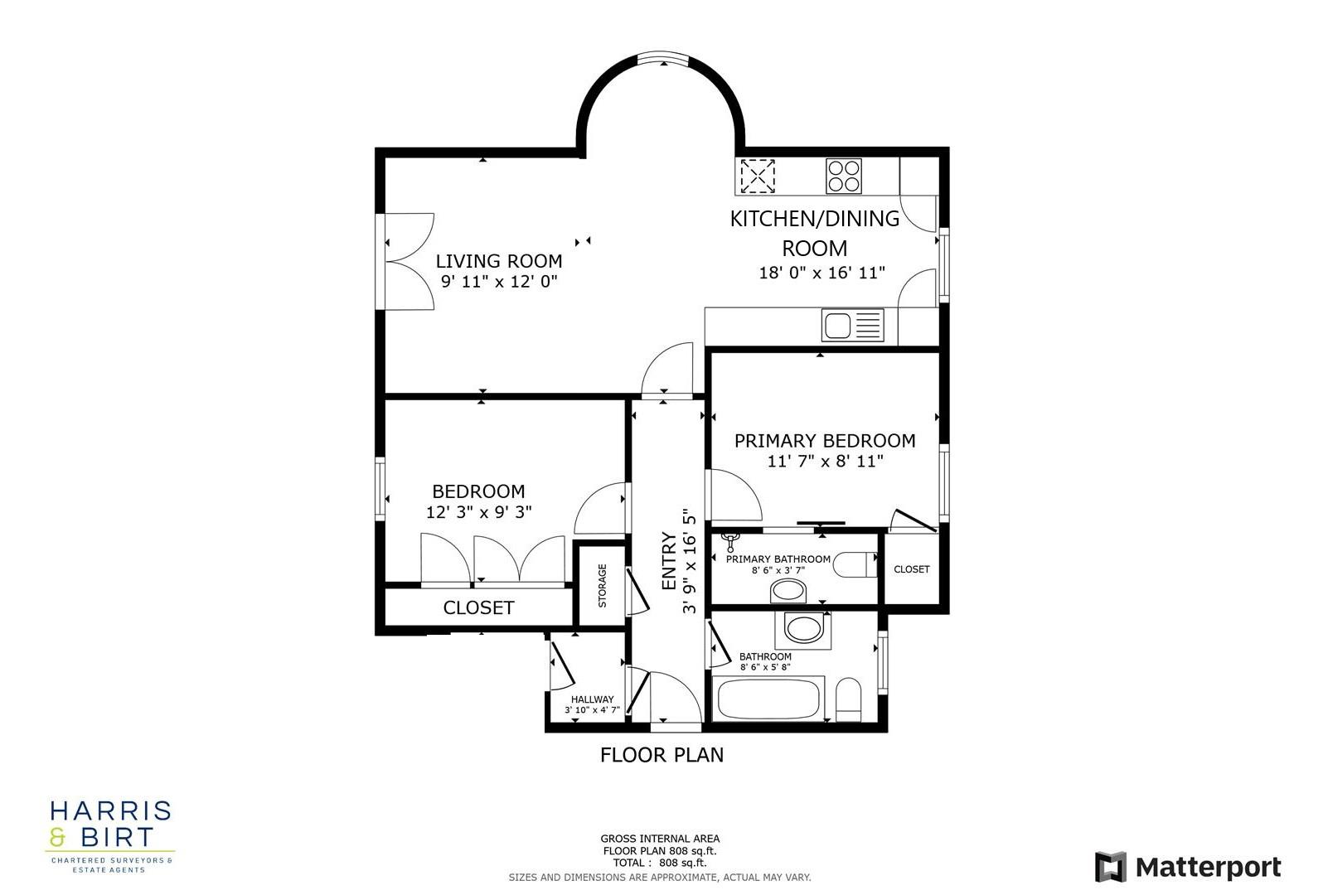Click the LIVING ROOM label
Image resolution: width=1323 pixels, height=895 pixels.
[x=499, y=262]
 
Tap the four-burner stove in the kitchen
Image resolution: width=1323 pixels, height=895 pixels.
[x=844, y=177]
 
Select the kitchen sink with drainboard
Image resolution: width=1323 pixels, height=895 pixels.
[x=853, y=325]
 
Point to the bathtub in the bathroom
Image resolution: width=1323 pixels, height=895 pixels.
[x=768, y=699]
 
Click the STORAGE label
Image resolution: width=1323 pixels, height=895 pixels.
[x=603, y=585]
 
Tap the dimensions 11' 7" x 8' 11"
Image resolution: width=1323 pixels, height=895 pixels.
[x=825, y=462]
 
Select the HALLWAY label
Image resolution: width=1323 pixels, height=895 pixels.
[x=592, y=699]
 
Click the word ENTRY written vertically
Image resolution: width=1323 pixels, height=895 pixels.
[x=670, y=561]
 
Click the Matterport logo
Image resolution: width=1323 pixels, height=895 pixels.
[x=1188, y=867]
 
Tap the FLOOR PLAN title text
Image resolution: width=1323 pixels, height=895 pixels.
[x=661, y=755]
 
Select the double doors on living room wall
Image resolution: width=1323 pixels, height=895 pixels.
[x=408, y=262]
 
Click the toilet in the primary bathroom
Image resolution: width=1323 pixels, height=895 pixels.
[x=855, y=565]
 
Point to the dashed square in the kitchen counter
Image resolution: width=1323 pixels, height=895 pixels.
[x=758, y=176]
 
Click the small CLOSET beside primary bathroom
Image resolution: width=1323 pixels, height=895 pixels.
[x=911, y=569]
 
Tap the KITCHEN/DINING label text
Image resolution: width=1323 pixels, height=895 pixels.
[x=814, y=219]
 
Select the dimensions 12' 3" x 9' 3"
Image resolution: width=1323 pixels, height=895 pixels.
[x=478, y=512]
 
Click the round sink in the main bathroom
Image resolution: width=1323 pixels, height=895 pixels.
[x=802, y=628]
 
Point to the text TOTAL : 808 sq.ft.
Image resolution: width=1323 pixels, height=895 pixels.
[x=660, y=863]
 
